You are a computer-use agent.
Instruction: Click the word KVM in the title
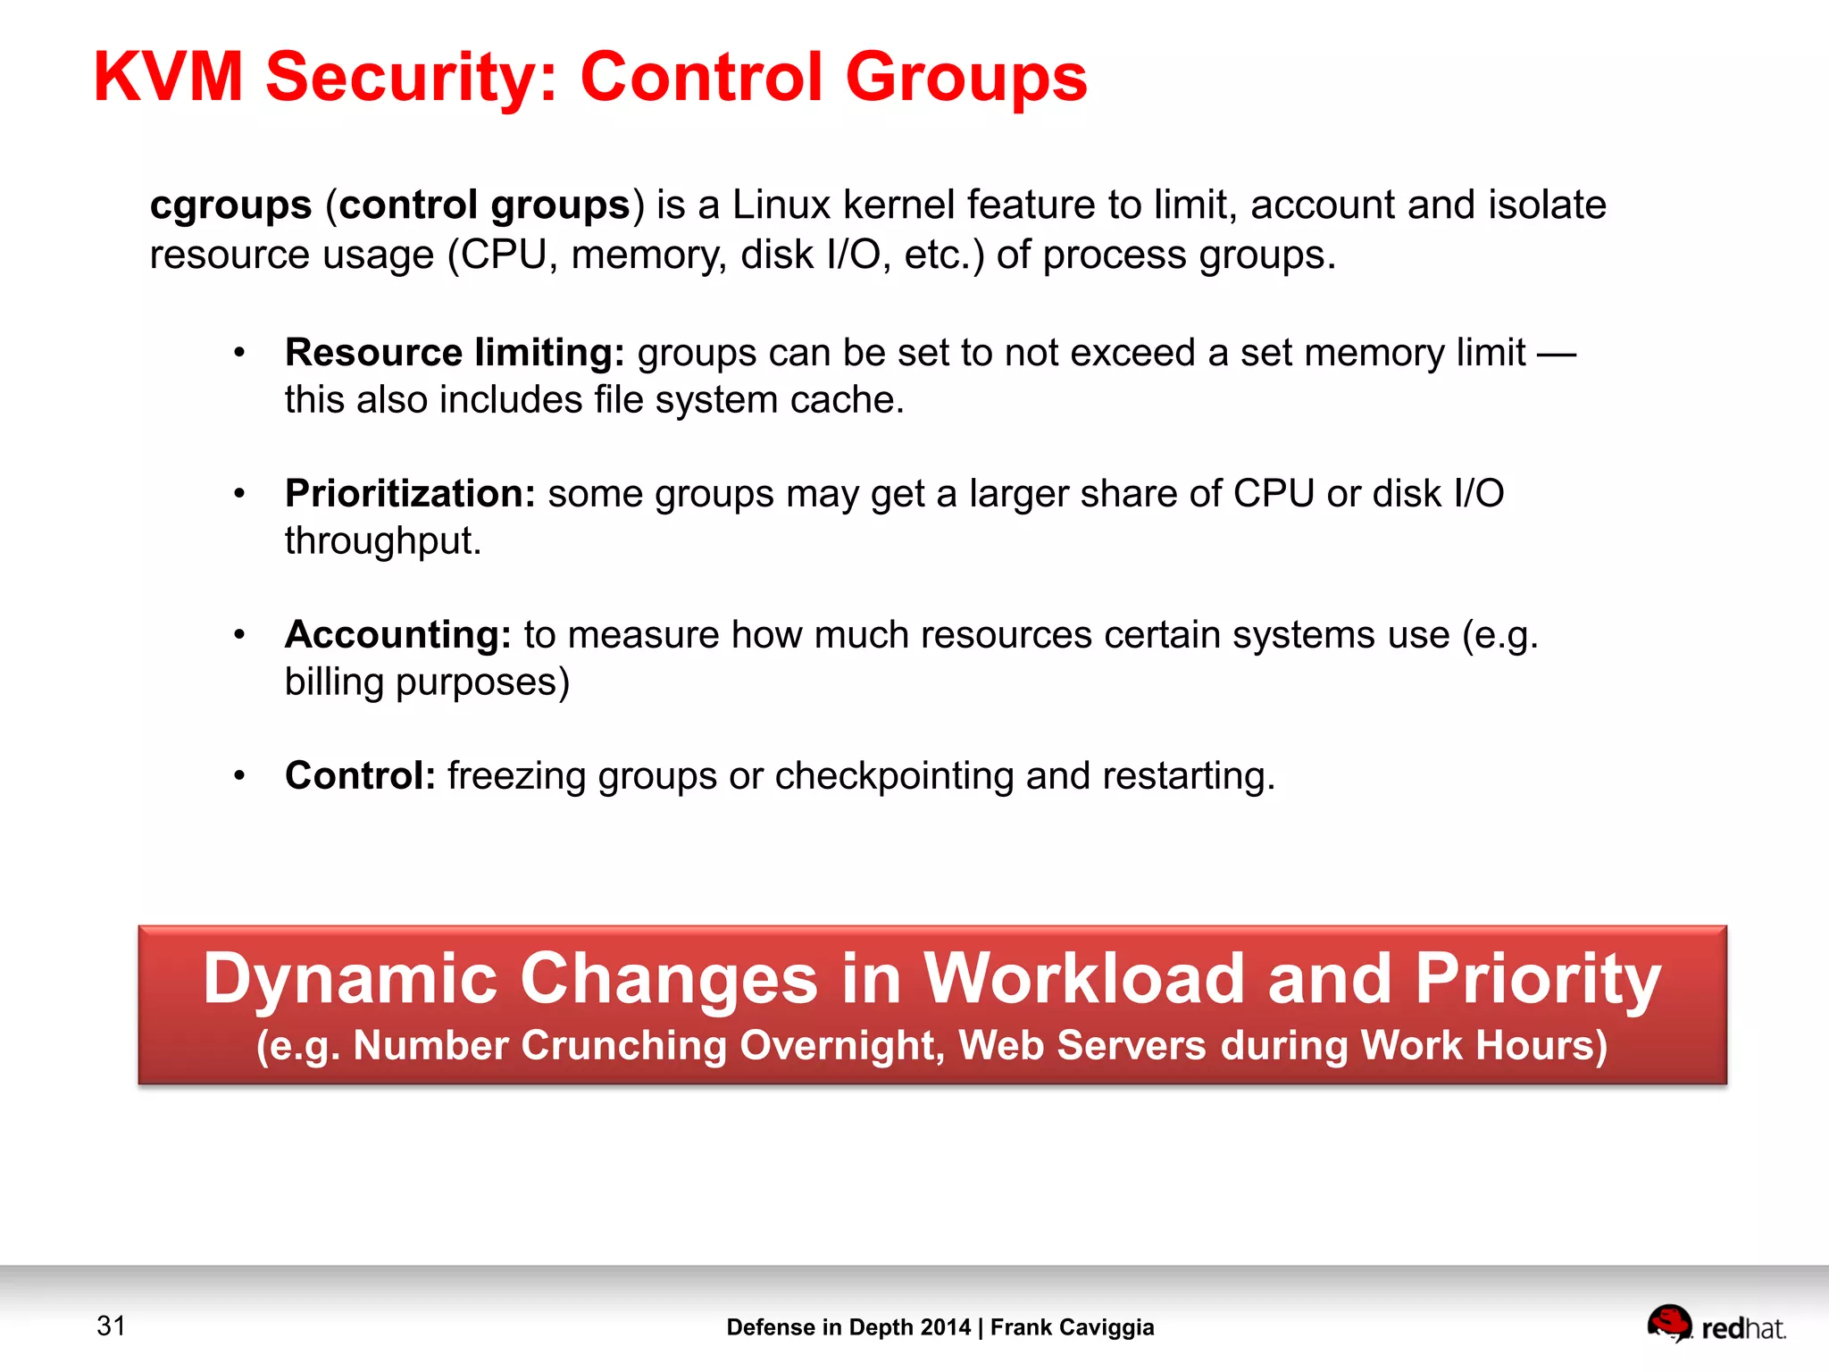click(x=168, y=77)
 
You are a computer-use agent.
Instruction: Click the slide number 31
click(x=111, y=1326)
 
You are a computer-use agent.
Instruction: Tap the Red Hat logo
click(x=1716, y=1325)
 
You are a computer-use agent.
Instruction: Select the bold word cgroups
click(x=230, y=205)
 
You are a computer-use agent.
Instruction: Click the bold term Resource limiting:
click(x=454, y=353)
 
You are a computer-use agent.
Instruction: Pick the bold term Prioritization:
click(x=409, y=493)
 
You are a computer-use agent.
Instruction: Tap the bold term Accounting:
click(x=397, y=634)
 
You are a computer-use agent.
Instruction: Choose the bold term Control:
click(x=360, y=775)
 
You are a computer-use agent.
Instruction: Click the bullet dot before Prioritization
click(x=238, y=494)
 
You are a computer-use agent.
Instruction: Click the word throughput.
click(x=382, y=540)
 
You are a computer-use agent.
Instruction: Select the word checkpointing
click(x=894, y=775)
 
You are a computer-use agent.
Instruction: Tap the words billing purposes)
click(x=427, y=682)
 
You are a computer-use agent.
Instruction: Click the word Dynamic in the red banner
click(x=349, y=979)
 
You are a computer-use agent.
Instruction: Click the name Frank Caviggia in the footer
click(x=1072, y=1327)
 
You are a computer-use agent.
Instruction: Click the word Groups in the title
click(x=966, y=77)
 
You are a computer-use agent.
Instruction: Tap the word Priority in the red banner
click(x=1538, y=979)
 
